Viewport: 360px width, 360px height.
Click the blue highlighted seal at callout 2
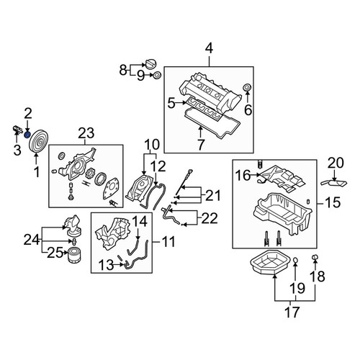click(27, 135)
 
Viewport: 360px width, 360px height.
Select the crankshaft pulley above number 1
click(38, 141)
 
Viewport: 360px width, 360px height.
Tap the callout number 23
click(86, 133)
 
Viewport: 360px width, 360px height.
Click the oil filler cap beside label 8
click(150, 64)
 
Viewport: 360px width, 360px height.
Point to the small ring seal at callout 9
click(157, 76)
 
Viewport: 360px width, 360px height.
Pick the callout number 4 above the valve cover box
click(209, 48)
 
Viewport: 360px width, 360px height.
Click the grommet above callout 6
click(247, 88)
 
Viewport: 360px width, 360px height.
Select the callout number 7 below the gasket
click(200, 145)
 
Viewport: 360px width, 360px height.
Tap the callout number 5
click(171, 104)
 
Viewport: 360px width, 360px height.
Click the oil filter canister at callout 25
click(74, 256)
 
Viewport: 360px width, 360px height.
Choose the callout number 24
click(32, 240)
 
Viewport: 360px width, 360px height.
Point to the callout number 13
click(106, 265)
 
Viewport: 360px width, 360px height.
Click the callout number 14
click(140, 221)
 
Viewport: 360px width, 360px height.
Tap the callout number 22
click(210, 218)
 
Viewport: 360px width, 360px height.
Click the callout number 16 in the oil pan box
click(243, 175)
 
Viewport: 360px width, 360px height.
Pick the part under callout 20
click(334, 184)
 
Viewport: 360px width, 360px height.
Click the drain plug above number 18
click(315, 258)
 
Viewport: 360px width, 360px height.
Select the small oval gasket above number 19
click(295, 260)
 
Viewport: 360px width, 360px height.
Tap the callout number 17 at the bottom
click(292, 312)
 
